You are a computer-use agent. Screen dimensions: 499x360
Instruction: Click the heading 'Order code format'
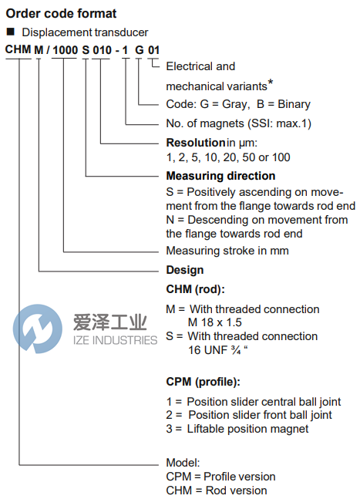[62, 13]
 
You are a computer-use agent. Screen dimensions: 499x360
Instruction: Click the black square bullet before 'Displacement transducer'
[10, 32]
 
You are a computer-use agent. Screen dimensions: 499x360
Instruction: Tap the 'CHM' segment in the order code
[19, 50]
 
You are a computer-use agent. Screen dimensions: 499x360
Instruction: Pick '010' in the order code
[102, 50]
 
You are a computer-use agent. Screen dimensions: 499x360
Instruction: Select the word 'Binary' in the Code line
[294, 104]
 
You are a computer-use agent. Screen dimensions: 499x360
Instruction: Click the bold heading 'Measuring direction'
[220, 176]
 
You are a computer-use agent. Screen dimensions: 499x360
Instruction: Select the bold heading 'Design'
[185, 270]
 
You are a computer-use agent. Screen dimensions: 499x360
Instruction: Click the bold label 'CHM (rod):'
[195, 289]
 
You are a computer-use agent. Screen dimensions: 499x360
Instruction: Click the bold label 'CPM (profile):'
[204, 382]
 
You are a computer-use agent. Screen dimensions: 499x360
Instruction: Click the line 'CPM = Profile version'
[220, 477]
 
